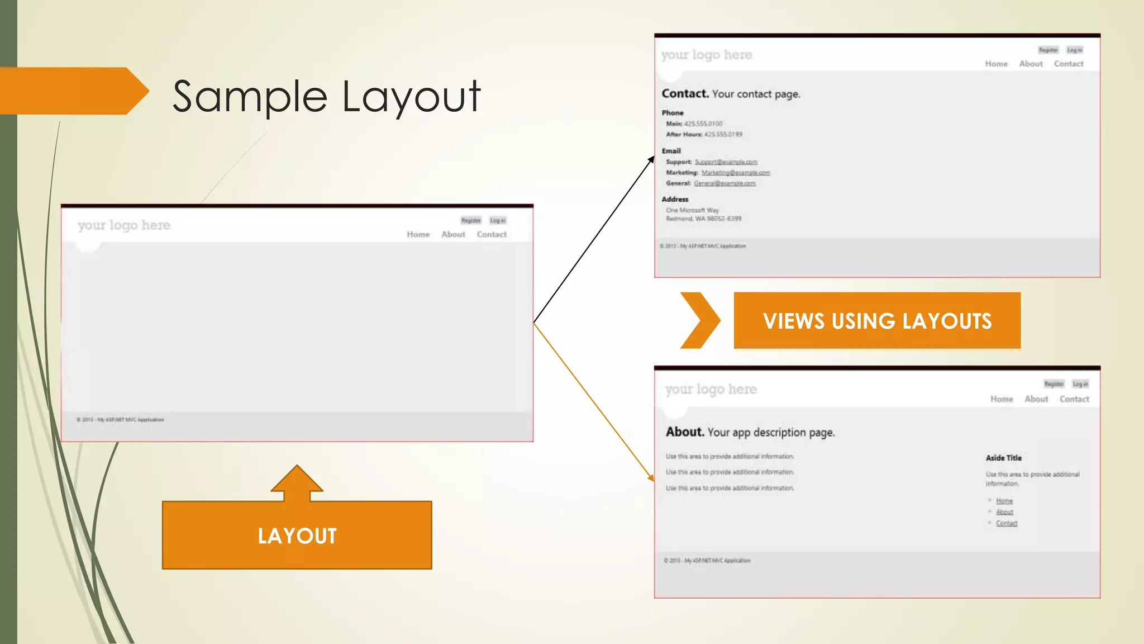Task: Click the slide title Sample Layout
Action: (326, 97)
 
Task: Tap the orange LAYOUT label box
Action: (297, 535)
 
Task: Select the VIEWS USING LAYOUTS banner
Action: (877, 321)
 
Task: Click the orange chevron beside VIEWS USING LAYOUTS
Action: (700, 320)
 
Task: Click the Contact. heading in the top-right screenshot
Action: (685, 93)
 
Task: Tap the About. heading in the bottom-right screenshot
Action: (685, 432)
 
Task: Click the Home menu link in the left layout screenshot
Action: (418, 234)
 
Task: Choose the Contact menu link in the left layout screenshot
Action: (492, 234)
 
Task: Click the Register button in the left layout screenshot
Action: (471, 220)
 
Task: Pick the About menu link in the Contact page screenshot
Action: (1031, 64)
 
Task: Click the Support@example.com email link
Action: (726, 162)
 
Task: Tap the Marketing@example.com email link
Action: (736, 173)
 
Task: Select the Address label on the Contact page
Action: (675, 199)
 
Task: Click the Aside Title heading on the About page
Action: (1003, 458)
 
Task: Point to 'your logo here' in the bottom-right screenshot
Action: (711, 389)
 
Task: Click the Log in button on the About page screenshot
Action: (1080, 384)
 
